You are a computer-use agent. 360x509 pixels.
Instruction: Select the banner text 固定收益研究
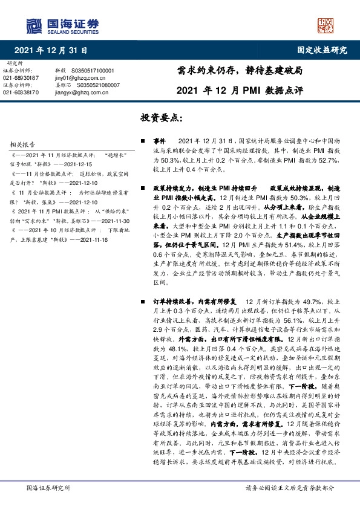click(x=322, y=50)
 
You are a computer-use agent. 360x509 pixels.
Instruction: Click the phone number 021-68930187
click(x=21, y=78)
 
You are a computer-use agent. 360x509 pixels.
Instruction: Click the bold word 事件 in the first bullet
click(x=160, y=140)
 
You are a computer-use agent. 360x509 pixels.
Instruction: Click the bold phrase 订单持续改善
click(x=175, y=300)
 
